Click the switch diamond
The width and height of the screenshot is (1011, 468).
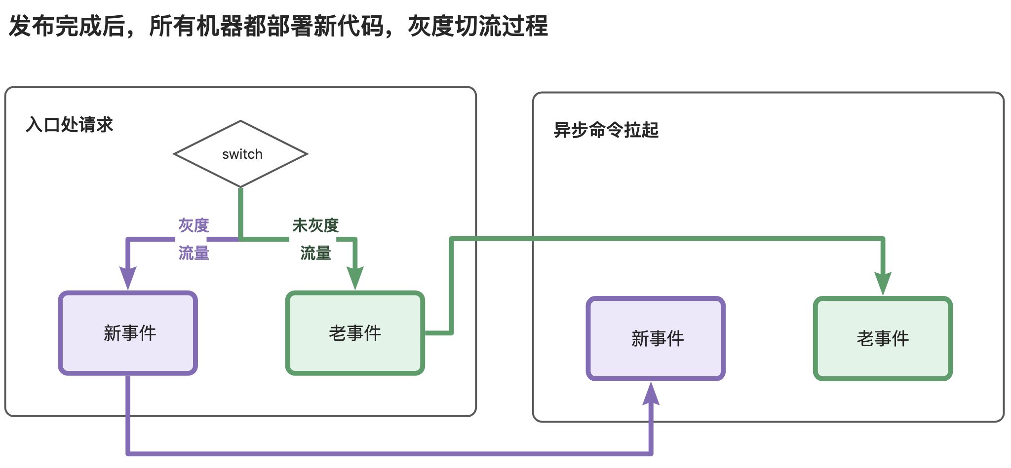coord(240,154)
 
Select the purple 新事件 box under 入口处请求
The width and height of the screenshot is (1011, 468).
coord(128,333)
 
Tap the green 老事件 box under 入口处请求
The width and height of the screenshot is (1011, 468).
coord(355,333)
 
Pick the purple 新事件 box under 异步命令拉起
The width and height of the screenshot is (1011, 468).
coord(656,338)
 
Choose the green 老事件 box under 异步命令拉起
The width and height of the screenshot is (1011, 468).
coord(883,338)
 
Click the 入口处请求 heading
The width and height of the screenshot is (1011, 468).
coord(70,125)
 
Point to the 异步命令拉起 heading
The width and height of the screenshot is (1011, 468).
coord(606,130)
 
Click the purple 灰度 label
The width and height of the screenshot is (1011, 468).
coord(194,225)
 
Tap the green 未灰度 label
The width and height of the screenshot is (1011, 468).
coord(315,225)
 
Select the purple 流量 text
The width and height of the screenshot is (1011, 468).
coord(194,253)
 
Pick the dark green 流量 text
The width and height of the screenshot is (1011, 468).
coord(315,253)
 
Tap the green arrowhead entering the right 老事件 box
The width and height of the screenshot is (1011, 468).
coord(883,284)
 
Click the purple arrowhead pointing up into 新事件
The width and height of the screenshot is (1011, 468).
coord(651,393)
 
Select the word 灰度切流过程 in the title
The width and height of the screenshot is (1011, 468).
coord(478,26)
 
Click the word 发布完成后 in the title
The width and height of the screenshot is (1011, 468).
coord(67,26)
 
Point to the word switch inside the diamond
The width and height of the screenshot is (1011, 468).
coord(242,154)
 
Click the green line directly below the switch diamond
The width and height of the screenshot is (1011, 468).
coord(240,214)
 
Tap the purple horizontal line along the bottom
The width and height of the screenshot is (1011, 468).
coord(389,453)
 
